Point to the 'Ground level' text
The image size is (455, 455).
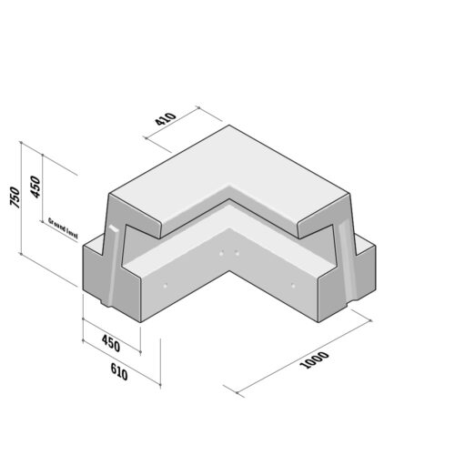pyautogui.click(x=62, y=227)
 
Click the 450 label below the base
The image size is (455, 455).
pyautogui.click(x=110, y=344)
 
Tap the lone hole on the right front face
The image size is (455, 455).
pyautogui.click(x=293, y=286)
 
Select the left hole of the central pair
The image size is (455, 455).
pyautogui.click(x=221, y=252)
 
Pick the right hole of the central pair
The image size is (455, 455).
pyautogui.click(x=236, y=252)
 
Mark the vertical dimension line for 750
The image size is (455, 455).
pyautogui.click(x=21, y=199)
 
